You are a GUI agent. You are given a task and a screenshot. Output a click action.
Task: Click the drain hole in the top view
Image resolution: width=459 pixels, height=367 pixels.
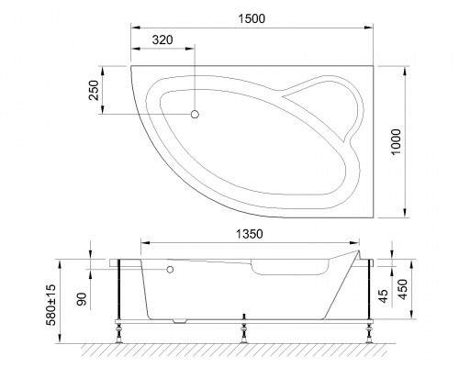(195, 114)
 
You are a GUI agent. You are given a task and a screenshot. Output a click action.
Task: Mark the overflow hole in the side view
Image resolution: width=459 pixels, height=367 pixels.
(169, 271)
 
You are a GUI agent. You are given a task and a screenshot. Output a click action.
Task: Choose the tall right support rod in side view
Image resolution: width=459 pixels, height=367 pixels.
(367, 292)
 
